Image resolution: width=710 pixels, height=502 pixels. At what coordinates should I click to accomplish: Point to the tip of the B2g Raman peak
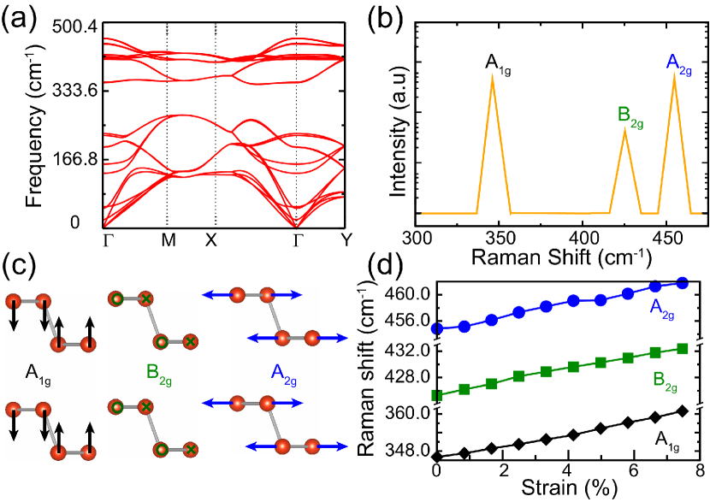pos(624,129)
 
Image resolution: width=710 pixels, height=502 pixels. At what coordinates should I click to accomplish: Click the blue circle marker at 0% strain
pos(437,328)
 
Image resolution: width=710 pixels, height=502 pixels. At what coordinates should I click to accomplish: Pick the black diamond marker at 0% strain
pos(437,458)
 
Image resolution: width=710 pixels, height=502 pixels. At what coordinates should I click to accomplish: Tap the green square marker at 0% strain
pos(437,395)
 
